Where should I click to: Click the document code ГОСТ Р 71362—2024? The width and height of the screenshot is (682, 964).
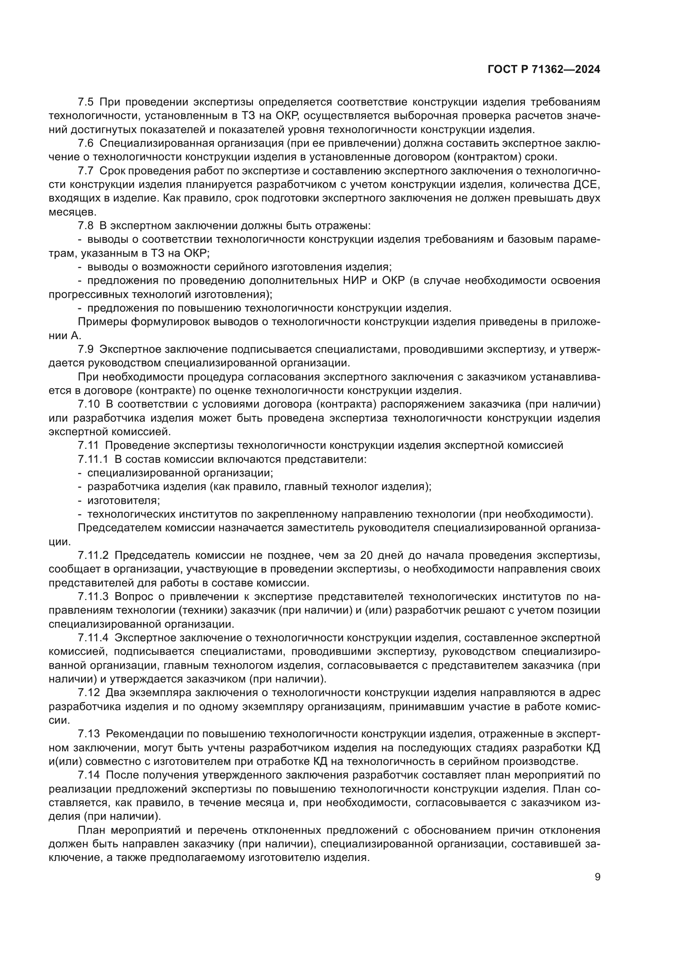tap(544, 70)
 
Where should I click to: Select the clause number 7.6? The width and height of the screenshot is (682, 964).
tap(86, 143)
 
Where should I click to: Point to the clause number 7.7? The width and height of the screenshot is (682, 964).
tap(86, 171)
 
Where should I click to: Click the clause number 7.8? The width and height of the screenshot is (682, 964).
tap(86, 226)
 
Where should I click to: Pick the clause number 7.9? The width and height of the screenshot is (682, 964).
tap(86, 349)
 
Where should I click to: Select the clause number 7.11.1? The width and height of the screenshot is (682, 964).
tap(93, 459)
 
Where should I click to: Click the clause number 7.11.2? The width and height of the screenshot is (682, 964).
tap(93, 556)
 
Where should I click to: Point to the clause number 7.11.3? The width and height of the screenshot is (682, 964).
tap(93, 597)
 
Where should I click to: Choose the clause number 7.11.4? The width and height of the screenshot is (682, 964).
tap(93, 638)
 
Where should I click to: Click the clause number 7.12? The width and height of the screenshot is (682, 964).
tap(89, 693)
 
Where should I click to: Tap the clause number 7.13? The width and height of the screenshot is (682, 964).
tap(89, 734)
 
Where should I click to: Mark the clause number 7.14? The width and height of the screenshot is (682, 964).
tap(89, 775)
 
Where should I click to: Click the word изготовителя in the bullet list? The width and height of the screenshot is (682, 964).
tap(123, 500)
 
